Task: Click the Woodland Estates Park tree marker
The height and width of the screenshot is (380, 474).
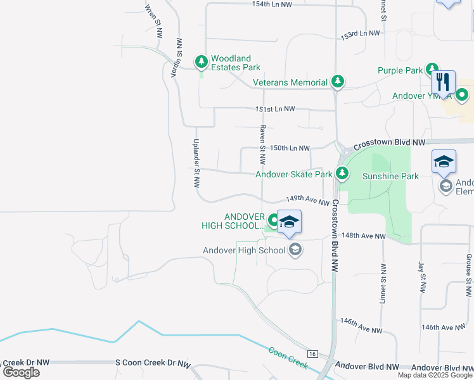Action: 202,61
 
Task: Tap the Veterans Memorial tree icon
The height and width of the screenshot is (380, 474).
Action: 338,82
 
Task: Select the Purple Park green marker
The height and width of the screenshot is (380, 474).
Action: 432,69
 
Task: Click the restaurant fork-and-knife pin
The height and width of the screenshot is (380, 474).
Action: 443,82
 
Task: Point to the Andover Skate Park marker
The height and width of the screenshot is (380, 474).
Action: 342,172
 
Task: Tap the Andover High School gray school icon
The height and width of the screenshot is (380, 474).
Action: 294,250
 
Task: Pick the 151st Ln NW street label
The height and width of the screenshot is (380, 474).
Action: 276,109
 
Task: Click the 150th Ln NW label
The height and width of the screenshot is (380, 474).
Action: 290,148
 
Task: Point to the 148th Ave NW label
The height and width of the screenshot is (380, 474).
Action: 363,236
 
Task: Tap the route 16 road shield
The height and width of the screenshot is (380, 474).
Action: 312,353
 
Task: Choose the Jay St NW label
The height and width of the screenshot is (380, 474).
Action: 421,277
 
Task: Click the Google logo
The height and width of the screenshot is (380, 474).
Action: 21,372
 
